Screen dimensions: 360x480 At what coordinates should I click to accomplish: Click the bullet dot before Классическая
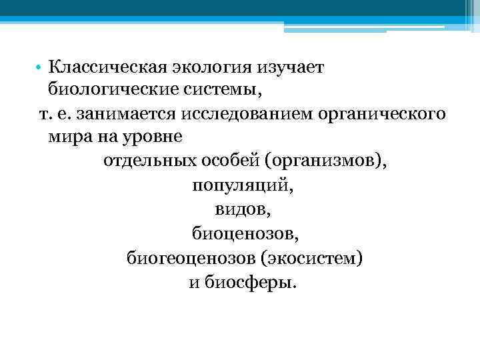coord(41,68)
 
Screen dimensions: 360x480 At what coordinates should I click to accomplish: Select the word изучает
coord(287,68)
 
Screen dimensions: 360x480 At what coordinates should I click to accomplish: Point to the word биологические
coord(108,89)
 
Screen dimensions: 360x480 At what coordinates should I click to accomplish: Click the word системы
coord(209,89)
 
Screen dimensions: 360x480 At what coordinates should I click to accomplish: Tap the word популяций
coord(242,185)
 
